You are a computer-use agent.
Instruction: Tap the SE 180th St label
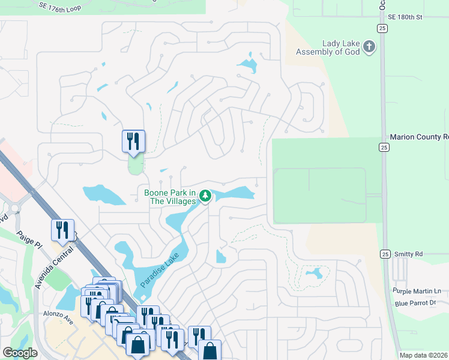(x=405, y=17)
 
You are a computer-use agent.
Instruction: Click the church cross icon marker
(x=370, y=47)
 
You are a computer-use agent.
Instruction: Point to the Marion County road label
(x=419, y=137)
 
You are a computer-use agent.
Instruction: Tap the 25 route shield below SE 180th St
(x=382, y=29)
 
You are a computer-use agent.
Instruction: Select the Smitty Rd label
(x=409, y=254)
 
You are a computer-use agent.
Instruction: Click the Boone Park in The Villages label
(x=170, y=197)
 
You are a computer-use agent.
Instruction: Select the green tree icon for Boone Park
(x=205, y=196)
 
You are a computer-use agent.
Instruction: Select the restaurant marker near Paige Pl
(x=62, y=230)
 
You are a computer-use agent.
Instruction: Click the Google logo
(x=20, y=353)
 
